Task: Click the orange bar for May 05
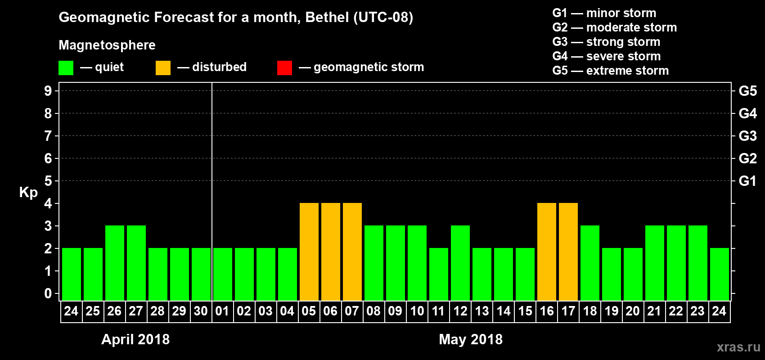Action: [309, 252]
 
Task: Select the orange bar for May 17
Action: [568, 252]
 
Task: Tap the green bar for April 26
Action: [115, 263]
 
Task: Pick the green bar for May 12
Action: [460, 263]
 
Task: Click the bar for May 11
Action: [439, 274]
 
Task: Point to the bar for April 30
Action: [201, 274]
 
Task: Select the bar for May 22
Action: [676, 263]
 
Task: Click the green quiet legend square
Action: [66, 68]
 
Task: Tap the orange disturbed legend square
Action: [163, 68]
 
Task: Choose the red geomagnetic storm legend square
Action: [284, 68]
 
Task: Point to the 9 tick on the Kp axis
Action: [48, 91]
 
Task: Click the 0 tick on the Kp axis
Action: [48, 293]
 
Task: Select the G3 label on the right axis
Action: [747, 136]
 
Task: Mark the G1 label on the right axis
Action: [747, 181]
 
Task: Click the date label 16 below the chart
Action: [547, 311]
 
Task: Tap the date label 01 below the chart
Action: [222, 311]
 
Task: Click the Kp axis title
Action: [28, 192]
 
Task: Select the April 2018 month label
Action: [135, 339]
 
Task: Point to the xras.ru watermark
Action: [738, 347]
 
